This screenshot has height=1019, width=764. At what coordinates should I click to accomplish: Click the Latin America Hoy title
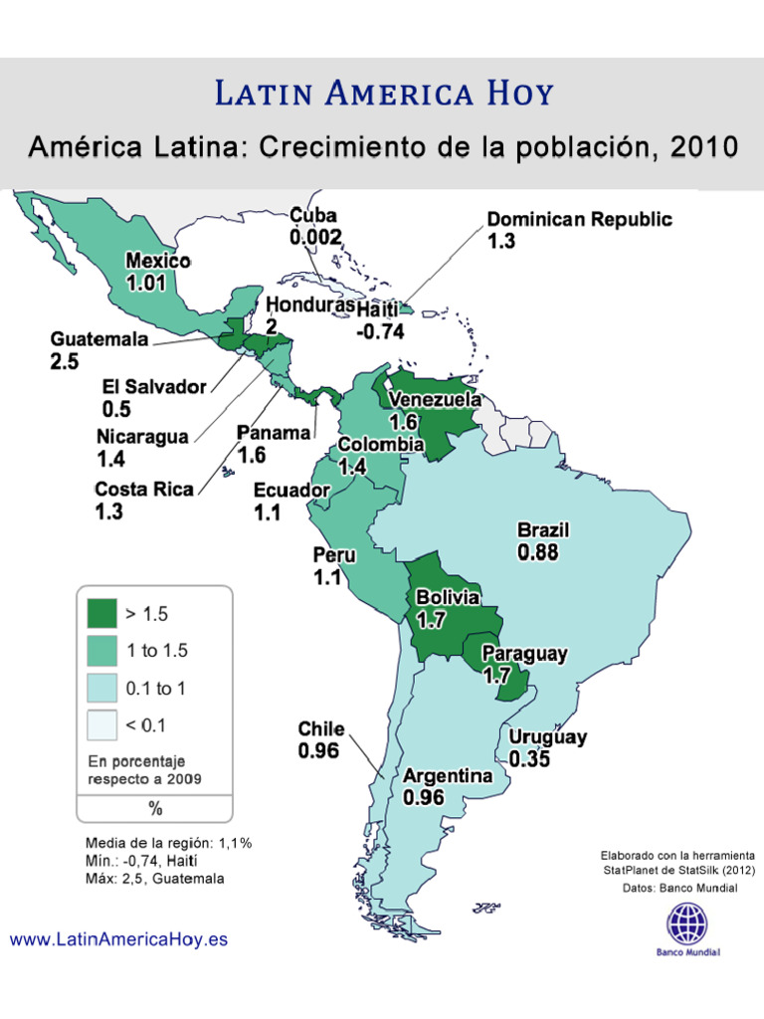[384, 95]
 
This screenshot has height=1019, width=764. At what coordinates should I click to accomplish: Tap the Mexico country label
[157, 261]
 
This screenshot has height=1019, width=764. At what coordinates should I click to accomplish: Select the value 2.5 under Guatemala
[64, 362]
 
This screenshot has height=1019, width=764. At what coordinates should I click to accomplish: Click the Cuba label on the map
[313, 216]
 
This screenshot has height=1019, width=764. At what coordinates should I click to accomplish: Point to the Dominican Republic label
[579, 220]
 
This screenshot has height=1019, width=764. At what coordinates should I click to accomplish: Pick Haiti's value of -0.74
[380, 331]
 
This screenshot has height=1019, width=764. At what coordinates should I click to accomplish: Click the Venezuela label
[436, 400]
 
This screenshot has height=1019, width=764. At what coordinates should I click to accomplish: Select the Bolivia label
[448, 598]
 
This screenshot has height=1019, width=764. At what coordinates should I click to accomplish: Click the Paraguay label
[524, 654]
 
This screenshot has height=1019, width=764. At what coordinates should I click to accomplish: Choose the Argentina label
[448, 775]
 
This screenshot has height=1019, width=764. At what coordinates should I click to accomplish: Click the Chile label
[320, 729]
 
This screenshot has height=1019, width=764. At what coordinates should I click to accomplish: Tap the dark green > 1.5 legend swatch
[101, 614]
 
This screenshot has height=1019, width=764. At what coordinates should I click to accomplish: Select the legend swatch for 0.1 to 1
[101, 688]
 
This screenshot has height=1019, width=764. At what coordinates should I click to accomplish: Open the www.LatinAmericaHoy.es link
[118, 939]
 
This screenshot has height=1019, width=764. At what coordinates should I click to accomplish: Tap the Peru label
[335, 555]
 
